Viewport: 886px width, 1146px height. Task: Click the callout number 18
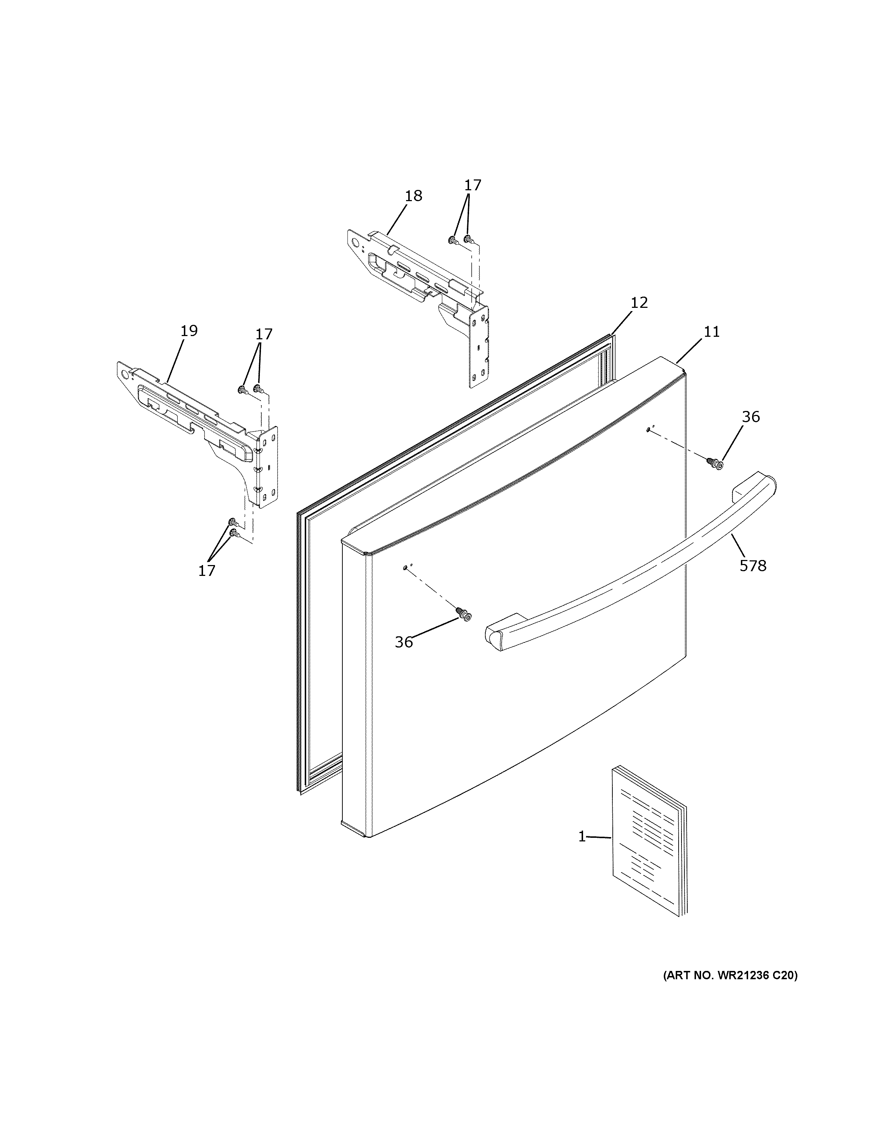414,196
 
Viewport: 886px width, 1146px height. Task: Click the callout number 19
189,331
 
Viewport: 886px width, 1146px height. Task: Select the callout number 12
639,302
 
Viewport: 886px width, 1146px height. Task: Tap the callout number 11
712,332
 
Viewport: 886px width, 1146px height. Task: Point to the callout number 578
753,566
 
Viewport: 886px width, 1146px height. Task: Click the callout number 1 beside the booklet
582,837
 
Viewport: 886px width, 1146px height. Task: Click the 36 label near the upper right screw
751,417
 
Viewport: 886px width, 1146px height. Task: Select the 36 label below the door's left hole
404,642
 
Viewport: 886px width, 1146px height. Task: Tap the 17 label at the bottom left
207,571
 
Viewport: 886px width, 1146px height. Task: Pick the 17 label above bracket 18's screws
472,185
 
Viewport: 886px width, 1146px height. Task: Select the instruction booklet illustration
648,840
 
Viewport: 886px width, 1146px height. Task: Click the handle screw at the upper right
715,462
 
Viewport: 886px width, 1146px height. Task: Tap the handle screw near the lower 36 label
463,614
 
